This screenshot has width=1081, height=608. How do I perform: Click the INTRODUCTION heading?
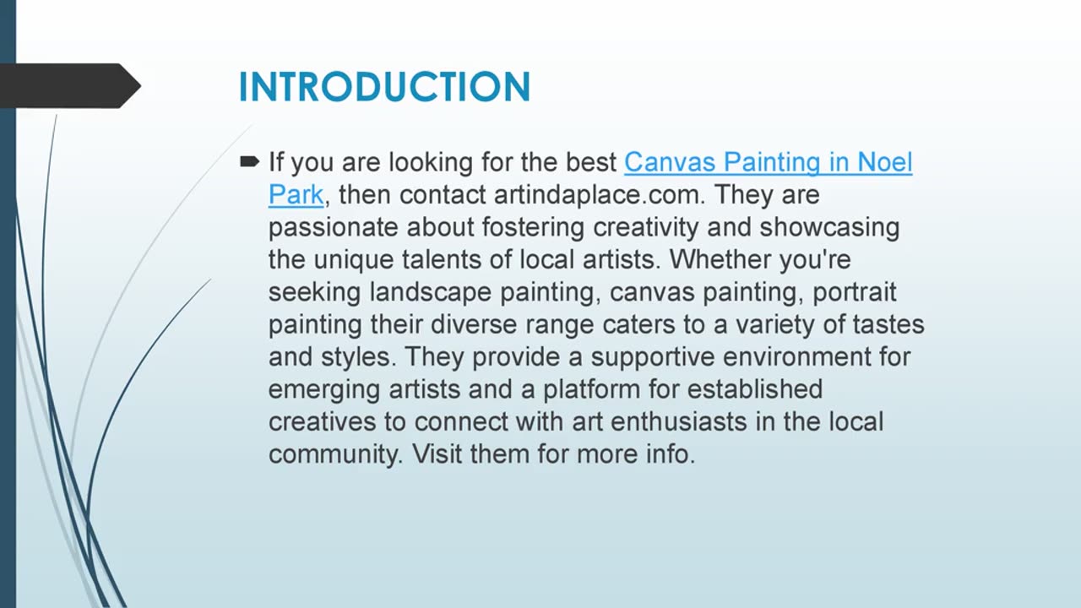384,87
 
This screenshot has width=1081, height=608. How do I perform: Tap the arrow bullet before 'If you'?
250,161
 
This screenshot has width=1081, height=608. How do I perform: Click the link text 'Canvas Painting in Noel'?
768,161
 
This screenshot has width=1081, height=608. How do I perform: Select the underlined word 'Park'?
296,194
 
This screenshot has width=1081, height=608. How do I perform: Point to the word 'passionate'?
334,227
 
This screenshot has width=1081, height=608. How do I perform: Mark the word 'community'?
335,454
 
